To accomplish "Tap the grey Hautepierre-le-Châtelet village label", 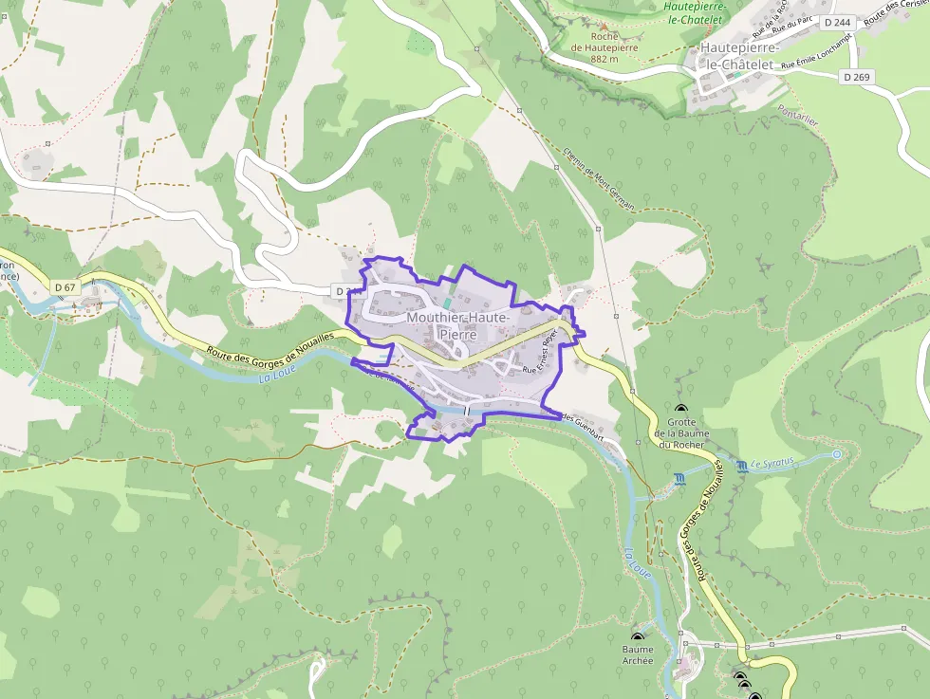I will [x=739, y=55].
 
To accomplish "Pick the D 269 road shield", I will [x=854, y=78].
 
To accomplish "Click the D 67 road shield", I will [x=65, y=287].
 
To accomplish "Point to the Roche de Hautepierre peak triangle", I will [x=604, y=25].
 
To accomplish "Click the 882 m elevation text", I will [x=604, y=59].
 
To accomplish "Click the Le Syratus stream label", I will [x=772, y=464].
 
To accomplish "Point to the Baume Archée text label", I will [x=638, y=655].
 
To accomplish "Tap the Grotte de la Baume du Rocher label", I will [x=681, y=433].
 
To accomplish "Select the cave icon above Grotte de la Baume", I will [x=681, y=409].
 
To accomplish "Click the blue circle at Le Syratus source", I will [x=836, y=454].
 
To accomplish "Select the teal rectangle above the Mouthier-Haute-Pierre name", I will [x=448, y=303].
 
